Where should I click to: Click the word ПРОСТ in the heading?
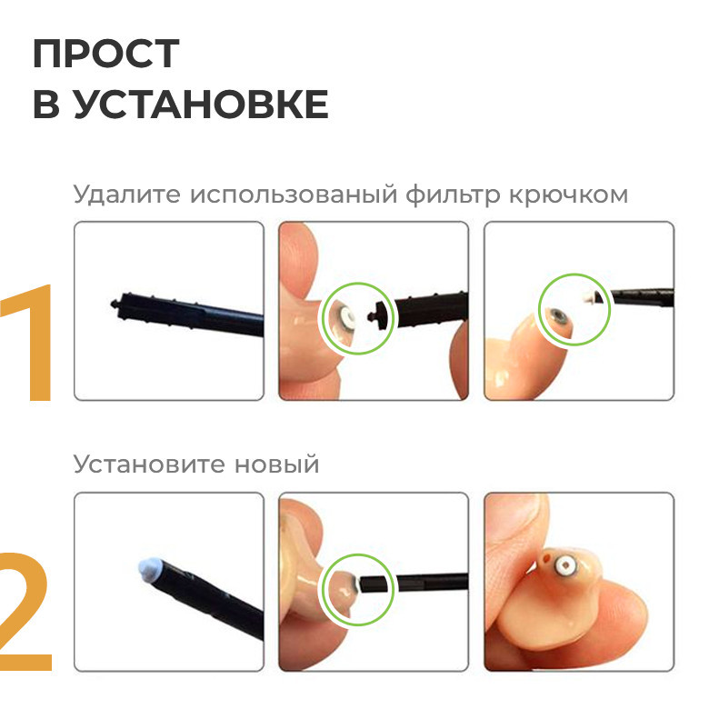click(106, 54)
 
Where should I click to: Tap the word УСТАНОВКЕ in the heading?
click(201, 104)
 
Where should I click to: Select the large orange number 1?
click(30, 343)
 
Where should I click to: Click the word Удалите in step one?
click(127, 195)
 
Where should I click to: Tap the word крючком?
click(568, 195)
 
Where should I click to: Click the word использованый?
click(294, 195)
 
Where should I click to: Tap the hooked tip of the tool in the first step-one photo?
click(115, 304)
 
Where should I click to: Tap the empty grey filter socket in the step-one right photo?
click(556, 315)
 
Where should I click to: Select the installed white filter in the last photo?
click(565, 564)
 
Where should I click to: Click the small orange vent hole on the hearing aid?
click(545, 558)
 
